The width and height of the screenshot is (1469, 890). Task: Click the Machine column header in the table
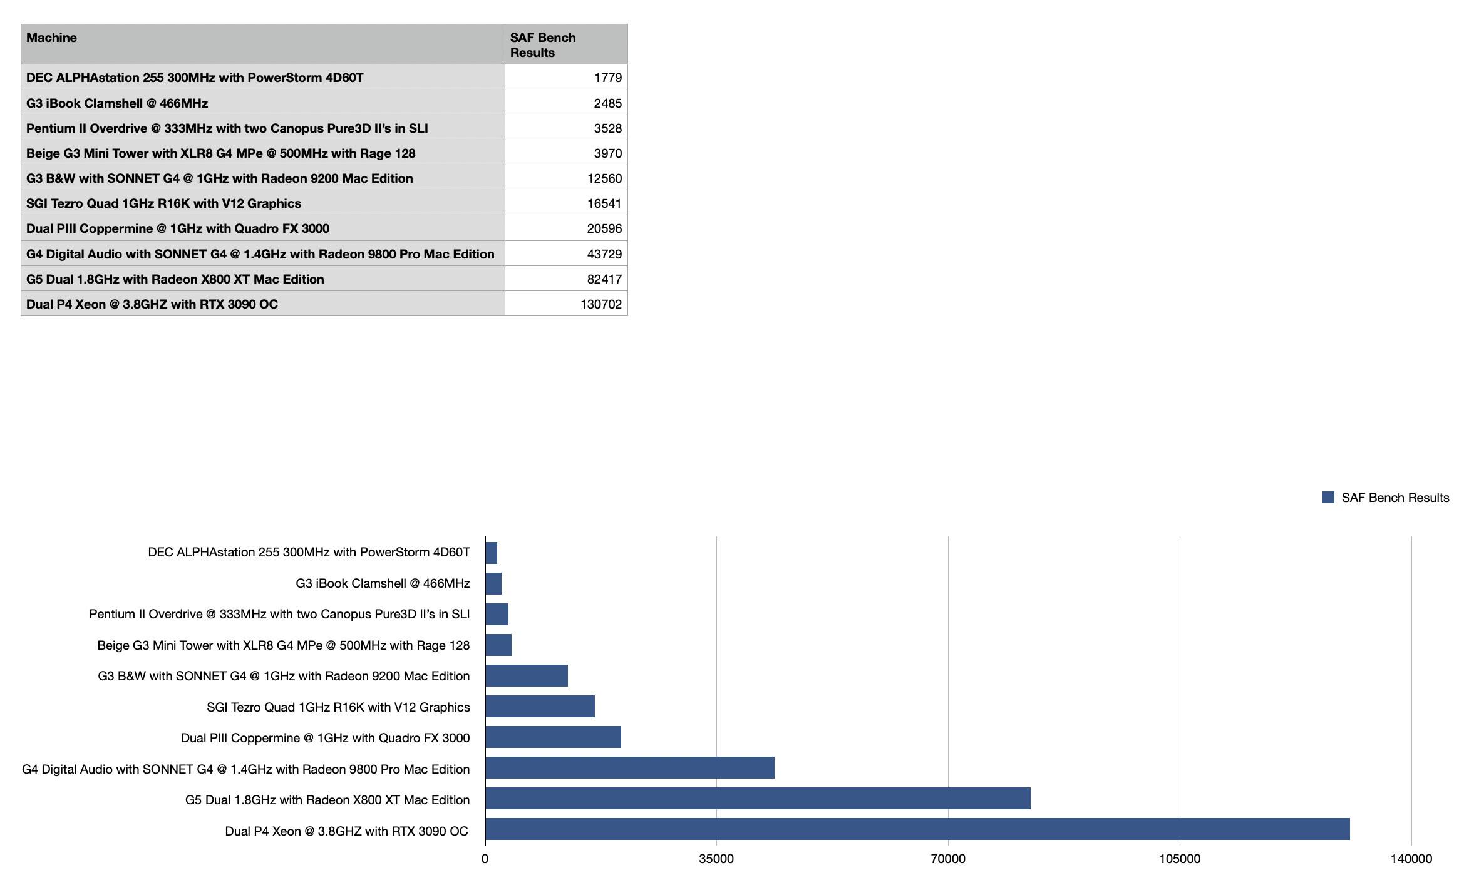pos(51,38)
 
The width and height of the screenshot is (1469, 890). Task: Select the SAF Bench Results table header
pos(542,45)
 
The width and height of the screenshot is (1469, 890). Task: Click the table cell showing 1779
pos(607,78)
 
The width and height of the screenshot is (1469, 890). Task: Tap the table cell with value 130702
pos(600,304)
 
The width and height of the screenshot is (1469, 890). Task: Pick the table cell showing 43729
pos(604,254)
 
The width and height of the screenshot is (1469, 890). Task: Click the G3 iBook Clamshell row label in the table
pos(117,103)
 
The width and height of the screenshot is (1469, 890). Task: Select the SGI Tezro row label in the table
pos(163,203)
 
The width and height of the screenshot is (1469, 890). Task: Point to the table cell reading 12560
pos(604,178)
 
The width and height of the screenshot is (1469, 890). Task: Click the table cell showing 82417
pos(604,279)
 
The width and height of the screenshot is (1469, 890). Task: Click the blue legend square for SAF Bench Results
pos(1328,497)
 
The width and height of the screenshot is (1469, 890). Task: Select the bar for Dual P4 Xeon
pos(917,829)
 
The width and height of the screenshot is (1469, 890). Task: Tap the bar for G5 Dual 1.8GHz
pos(758,798)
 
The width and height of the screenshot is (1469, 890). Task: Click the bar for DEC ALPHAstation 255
pos(492,553)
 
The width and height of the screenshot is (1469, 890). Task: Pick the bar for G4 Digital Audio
pos(629,767)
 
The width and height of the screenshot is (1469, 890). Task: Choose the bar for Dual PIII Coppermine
pos(553,737)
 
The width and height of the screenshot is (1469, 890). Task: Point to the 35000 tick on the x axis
pos(716,859)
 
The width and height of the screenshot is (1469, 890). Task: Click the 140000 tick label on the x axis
pos(1411,859)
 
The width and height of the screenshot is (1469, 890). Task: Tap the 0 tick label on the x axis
pos(485,859)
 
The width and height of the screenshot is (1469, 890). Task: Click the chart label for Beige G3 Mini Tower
pos(283,645)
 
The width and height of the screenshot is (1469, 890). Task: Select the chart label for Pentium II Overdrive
pos(279,614)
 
